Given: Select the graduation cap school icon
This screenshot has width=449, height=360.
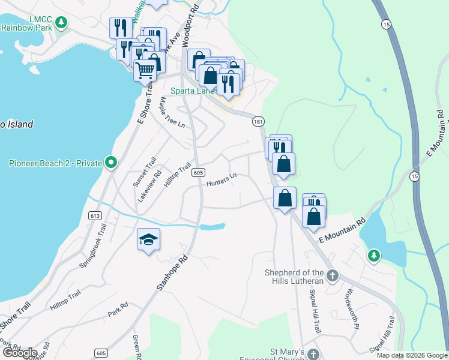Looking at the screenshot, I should click(148, 240).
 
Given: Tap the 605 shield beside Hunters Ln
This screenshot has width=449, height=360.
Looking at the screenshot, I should click(198, 173).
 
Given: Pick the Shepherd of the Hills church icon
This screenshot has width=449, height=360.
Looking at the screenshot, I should click(333, 276).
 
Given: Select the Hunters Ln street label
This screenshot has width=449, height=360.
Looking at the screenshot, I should click(222, 180).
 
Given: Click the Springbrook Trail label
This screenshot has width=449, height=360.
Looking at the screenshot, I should click(92, 247).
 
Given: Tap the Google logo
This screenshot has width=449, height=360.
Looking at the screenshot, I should click(20, 353).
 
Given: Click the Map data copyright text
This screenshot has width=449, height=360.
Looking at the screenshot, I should click(412, 355).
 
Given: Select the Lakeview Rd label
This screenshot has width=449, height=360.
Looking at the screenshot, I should click(149, 187).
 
